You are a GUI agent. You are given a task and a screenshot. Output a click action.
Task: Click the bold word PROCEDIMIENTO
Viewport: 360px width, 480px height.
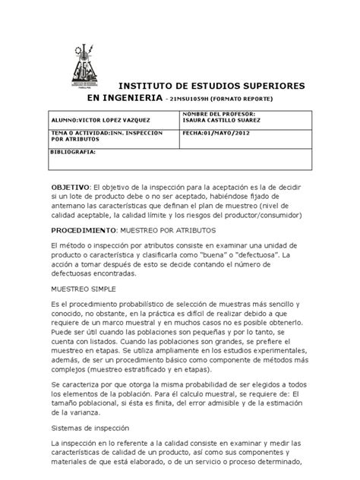click(84, 229)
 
